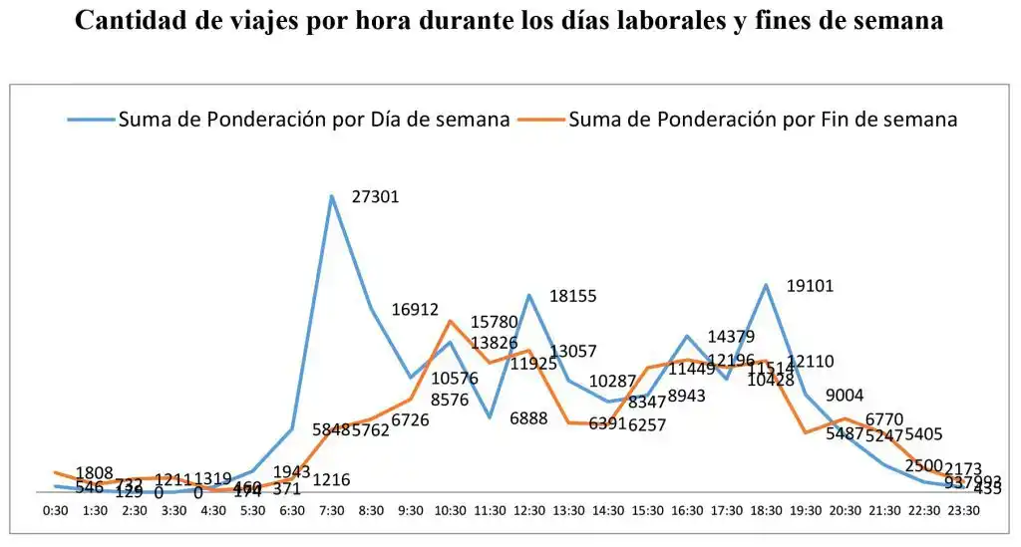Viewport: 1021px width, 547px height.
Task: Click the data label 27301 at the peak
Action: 376,197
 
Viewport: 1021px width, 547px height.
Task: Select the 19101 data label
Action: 810,286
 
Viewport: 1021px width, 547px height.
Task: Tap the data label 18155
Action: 572,296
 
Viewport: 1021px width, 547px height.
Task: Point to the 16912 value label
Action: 415,310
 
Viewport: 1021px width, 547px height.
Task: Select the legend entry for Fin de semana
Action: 763,120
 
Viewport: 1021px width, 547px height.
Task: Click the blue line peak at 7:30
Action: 331,196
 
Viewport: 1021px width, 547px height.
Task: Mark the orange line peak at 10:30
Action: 450,321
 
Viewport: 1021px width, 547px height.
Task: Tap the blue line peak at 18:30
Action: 766,285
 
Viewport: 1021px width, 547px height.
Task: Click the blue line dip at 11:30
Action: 490,416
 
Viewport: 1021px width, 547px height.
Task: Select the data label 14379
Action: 731,337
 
